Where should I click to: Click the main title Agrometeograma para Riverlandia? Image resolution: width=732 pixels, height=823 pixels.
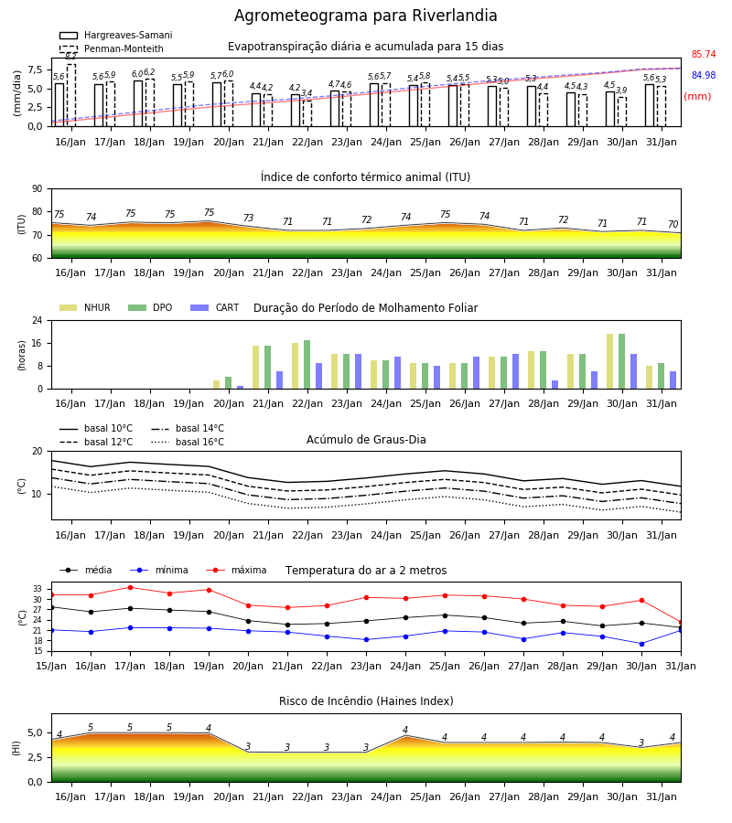point(365,16)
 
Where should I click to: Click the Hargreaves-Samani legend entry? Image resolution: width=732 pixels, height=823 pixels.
point(115,35)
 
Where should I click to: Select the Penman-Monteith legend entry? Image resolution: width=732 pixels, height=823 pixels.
point(112,48)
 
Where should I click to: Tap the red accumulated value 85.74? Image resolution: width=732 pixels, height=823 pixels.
point(704,55)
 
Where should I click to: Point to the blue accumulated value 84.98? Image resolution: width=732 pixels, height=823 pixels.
point(704,75)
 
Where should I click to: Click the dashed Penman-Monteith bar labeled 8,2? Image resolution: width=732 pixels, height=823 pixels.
point(70,95)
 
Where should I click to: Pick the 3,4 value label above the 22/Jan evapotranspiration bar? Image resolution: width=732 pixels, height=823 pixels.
point(307,93)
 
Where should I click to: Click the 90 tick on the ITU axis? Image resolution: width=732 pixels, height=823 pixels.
point(38,189)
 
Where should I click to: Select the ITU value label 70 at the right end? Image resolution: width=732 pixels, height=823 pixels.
point(673,224)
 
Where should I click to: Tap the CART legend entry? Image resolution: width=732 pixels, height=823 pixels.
point(215,307)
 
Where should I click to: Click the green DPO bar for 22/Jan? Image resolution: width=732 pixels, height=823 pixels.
point(307,365)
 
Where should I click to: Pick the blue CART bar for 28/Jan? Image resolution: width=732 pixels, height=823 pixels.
point(555,385)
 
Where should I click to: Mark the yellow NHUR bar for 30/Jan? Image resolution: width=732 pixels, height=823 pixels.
point(609,361)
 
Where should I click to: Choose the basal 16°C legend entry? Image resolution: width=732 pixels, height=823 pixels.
point(188,443)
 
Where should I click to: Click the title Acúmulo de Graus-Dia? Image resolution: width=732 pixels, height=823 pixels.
point(366,440)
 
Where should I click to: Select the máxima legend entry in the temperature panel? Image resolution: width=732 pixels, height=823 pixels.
point(236,570)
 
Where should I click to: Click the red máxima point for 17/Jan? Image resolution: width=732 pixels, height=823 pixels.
point(130,587)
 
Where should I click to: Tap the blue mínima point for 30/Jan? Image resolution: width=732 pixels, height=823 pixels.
point(641,644)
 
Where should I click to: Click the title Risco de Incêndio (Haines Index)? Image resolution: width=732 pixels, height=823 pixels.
point(366,701)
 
